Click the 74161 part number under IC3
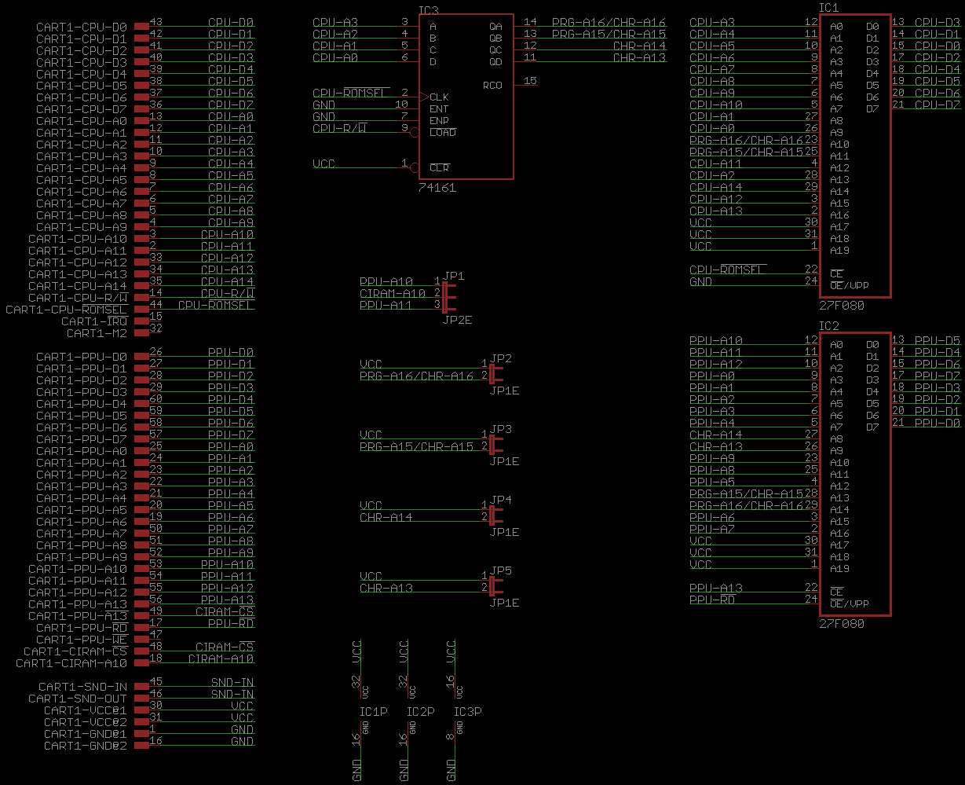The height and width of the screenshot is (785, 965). click(x=437, y=188)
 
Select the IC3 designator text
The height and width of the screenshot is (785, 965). click(x=429, y=10)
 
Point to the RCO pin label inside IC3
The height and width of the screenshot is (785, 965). click(x=492, y=85)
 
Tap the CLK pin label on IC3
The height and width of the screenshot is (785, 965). click(x=439, y=97)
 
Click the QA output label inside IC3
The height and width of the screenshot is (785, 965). click(x=495, y=27)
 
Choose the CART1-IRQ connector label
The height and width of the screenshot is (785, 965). click(x=94, y=321)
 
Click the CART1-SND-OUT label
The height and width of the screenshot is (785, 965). click(x=78, y=699)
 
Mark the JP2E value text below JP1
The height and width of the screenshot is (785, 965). click(x=457, y=320)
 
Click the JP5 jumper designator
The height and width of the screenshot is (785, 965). click(x=501, y=570)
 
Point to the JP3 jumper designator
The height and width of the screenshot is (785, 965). click(x=501, y=429)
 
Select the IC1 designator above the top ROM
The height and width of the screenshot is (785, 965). click(x=829, y=7)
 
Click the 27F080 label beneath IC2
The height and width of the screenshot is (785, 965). click(x=842, y=624)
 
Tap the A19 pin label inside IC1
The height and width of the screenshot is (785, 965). click(x=839, y=250)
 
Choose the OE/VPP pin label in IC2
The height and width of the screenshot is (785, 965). click(x=850, y=603)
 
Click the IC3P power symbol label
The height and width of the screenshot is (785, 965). click(x=468, y=712)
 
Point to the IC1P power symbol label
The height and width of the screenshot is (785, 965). click(x=374, y=712)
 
